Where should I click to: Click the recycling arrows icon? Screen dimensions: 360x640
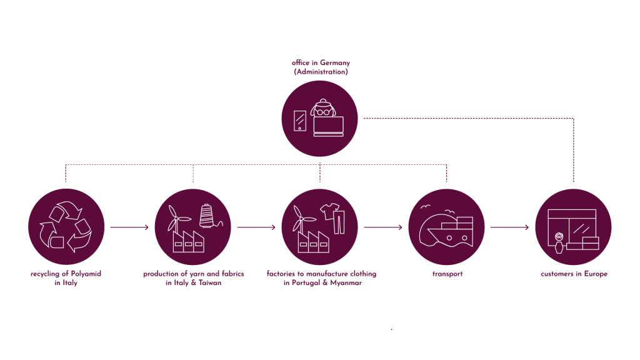[66, 226]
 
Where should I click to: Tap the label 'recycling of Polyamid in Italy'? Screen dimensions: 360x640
[66, 279]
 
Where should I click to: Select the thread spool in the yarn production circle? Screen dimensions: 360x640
[207, 216]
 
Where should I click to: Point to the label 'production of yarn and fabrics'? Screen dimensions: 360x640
[193, 274]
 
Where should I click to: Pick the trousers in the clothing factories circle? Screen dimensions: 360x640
[339, 222]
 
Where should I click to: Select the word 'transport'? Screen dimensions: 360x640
[447, 274]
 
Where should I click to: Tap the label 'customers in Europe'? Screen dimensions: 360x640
[574, 274]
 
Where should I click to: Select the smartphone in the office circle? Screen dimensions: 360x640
[301, 121]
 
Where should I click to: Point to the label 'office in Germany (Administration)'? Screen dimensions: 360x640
[320, 67]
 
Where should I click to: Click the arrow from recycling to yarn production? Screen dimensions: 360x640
[129, 227]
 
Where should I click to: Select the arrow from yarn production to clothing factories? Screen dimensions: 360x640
[256, 227]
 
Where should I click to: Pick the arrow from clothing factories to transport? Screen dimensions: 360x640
[383, 227]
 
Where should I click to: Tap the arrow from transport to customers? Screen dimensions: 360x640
[510, 227]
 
